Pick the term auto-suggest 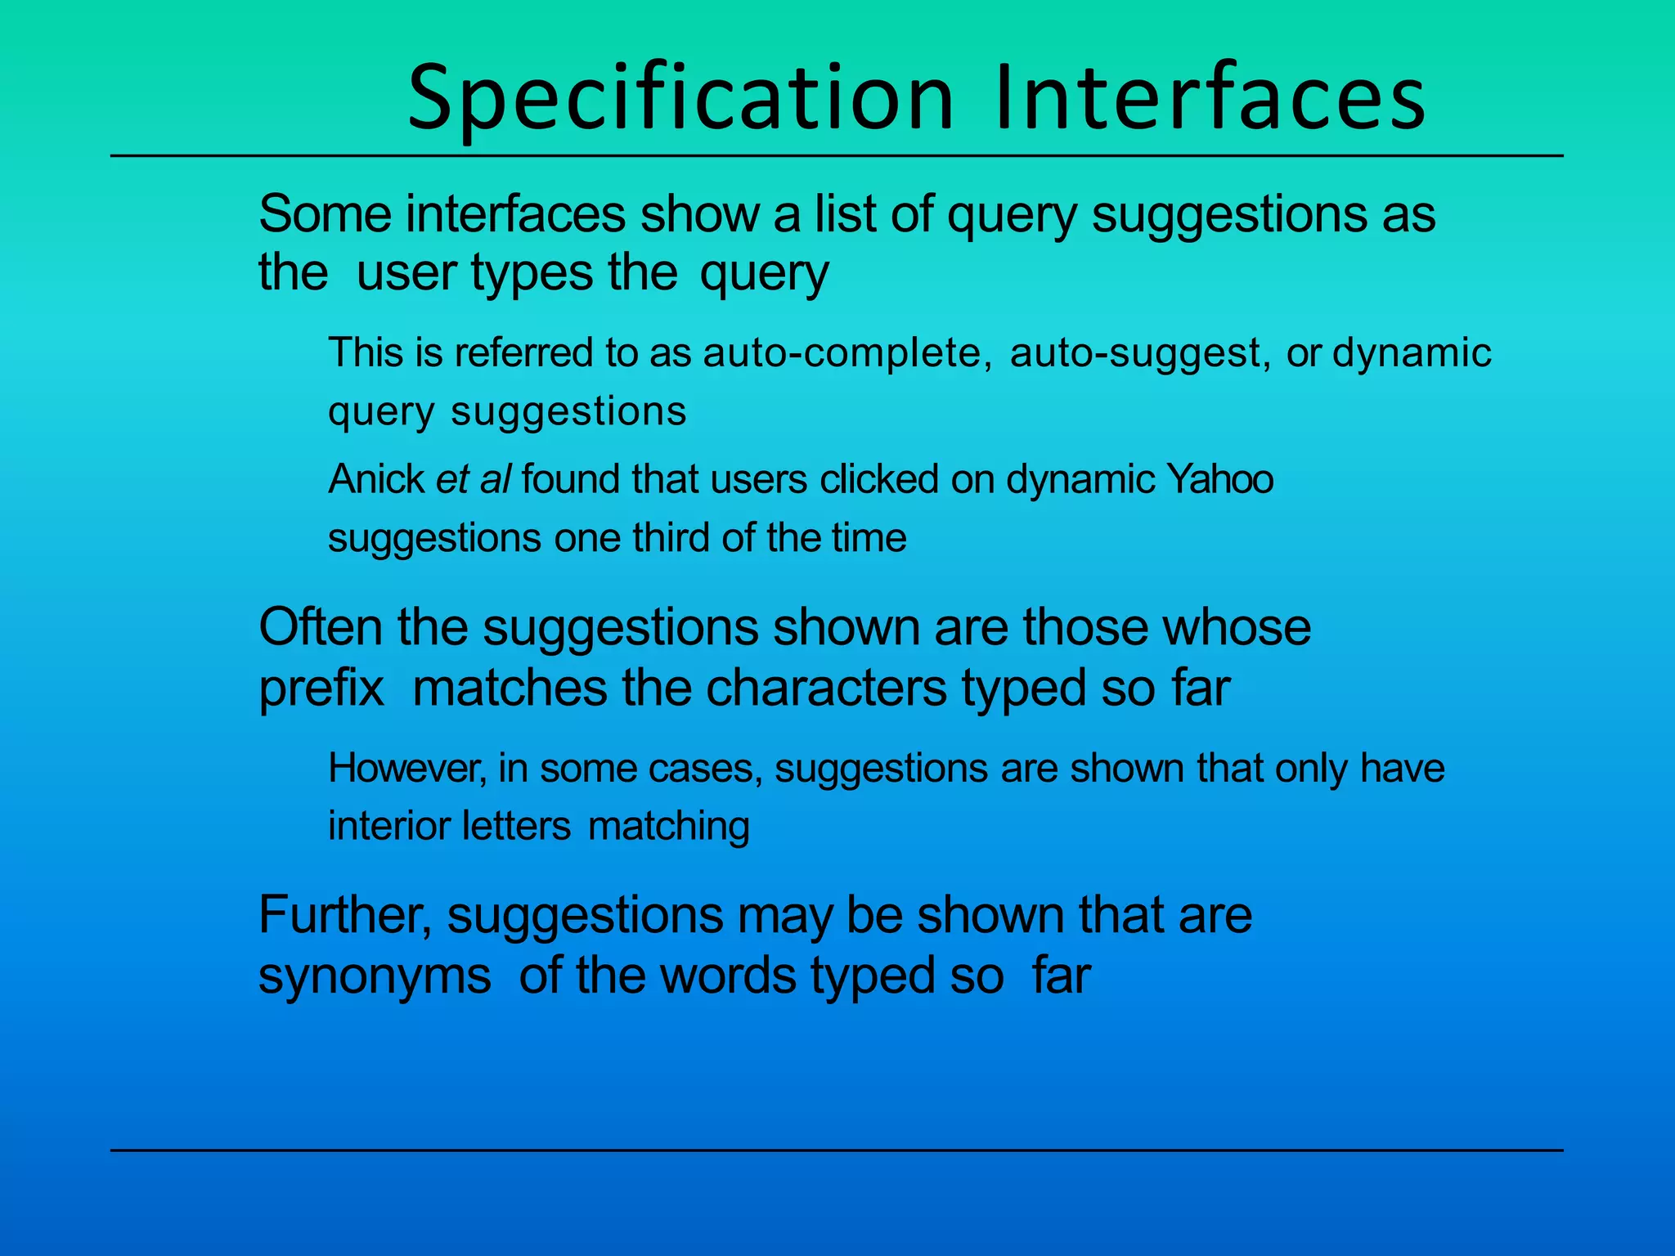tap(1140, 352)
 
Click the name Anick tap(376, 478)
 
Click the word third tap(672, 538)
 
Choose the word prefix tap(321, 688)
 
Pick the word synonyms tap(375, 976)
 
